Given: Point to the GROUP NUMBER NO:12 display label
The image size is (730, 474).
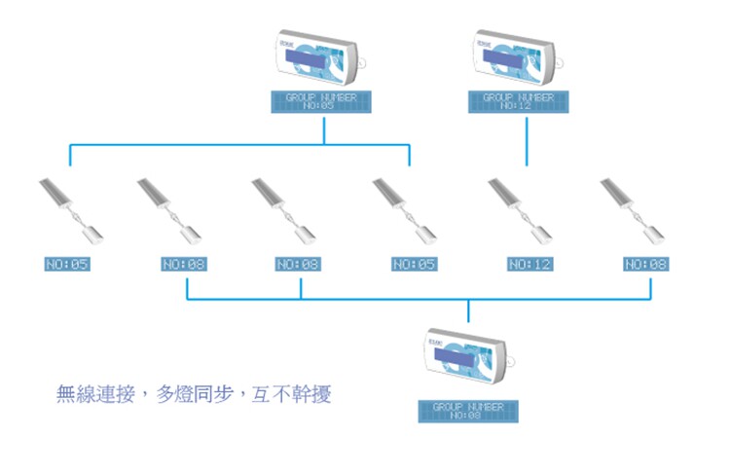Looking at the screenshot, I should click(518, 101).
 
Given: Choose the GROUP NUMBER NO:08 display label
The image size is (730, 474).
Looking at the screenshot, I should click(468, 411).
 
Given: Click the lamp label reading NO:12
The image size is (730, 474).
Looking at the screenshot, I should click(529, 264).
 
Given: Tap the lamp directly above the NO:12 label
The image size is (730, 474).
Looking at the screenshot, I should click(520, 209).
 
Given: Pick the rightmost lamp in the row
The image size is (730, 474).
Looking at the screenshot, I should click(632, 209).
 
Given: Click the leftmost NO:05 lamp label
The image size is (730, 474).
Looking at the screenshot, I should click(67, 264).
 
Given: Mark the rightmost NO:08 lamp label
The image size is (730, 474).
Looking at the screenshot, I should click(646, 264).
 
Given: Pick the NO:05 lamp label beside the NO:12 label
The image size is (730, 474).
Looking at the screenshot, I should click(415, 264).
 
